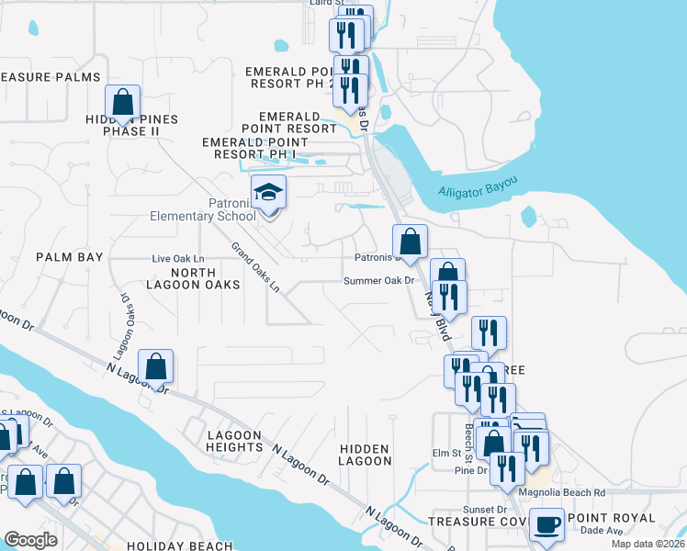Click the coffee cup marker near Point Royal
[546, 524]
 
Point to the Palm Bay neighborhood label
[70, 258]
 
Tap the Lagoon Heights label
[235, 441]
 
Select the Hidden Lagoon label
[365, 455]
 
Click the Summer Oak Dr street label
[380, 281]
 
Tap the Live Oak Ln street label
[177, 260]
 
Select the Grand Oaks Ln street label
[256, 267]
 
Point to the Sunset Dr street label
[489, 509]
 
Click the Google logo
[31, 540]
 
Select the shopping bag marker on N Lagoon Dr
[156, 366]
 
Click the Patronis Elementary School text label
[203, 210]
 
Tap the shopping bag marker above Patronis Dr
[410, 242]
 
